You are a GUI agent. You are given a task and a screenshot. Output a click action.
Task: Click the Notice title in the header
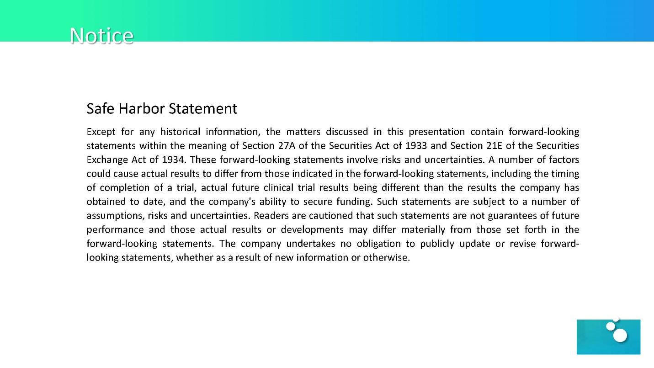pyautogui.click(x=101, y=35)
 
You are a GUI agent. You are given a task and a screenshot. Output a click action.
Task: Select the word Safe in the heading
pyautogui.click(x=101, y=109)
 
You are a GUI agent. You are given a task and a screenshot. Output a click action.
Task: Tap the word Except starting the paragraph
pyautogui.click(x=101, y=132)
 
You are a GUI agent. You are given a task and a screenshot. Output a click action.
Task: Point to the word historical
pyautogui.click(x=180, y=132)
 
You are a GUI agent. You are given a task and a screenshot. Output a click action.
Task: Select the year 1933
pyautogui.click(x=416, y=146)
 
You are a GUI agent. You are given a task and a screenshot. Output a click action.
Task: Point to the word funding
pyautogui.click(x=354, y=202)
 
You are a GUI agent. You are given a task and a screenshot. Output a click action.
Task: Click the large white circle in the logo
pyautogui.click(x=620, y=336)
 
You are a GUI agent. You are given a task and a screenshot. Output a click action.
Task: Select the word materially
pyautogui.click(x=423, y=229)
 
